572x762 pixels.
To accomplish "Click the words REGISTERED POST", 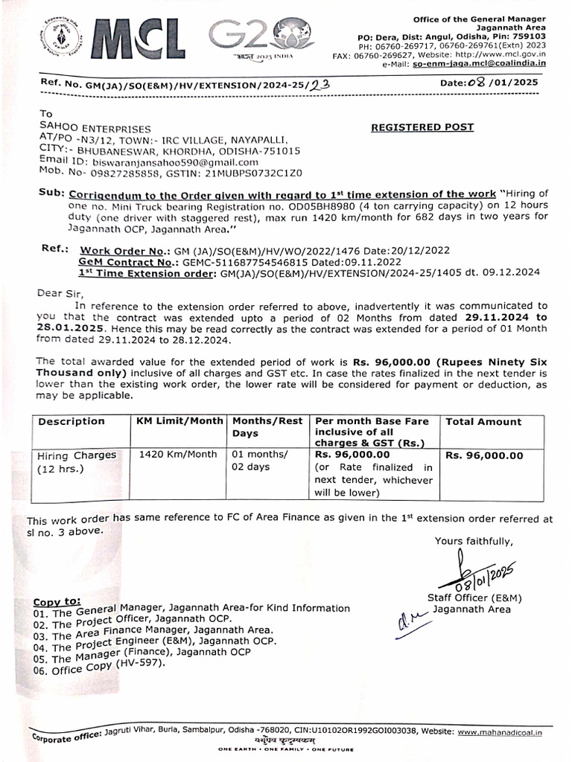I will pos(422,127).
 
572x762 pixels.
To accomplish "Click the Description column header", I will pos(71,421).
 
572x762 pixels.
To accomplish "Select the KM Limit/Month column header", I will pos(179,421).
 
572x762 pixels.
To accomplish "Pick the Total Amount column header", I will pos(483,422).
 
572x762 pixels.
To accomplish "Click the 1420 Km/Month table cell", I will pos(179,455).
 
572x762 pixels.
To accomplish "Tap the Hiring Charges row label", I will pos(77,455).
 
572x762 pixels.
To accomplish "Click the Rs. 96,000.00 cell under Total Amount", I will pos(484,456).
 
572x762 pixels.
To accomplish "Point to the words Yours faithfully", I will pos(474,541).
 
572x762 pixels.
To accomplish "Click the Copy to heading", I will pos(57,601).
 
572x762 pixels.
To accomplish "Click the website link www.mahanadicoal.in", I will pos(500,733).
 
